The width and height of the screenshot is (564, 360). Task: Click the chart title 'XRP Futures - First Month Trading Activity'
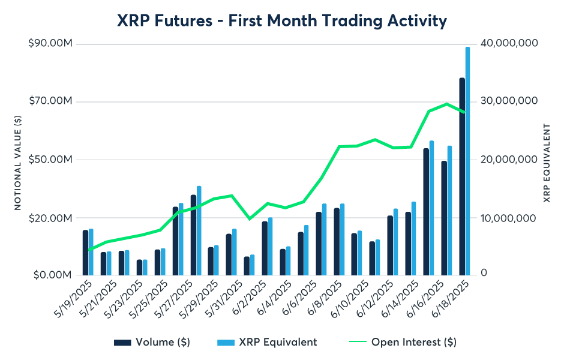(282, 21)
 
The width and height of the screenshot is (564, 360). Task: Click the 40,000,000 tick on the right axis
(509, 43)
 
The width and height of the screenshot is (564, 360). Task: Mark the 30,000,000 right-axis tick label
(509, 101)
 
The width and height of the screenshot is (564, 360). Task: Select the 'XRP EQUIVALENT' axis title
(547, 163)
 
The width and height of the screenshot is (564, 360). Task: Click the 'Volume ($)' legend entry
(152, 342)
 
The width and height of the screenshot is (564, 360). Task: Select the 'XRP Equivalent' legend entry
(266, 342)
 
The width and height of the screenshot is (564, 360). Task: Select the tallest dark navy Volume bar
(462, 176)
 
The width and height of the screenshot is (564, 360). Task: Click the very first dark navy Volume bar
(86, 253)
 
